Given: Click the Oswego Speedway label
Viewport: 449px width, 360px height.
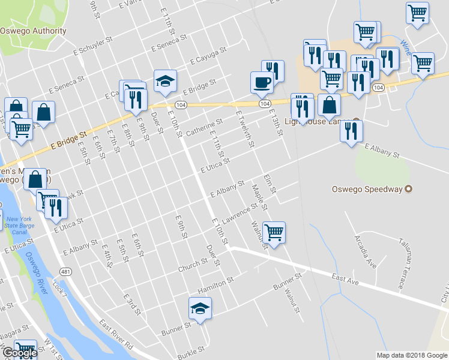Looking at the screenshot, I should tap(367, 189).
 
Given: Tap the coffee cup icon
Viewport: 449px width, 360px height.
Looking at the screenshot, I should tap(261, 82).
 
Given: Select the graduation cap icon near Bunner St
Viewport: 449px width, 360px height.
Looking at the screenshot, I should tap(200, 308).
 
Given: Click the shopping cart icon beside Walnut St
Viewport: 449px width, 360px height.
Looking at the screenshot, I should tap(274, 232).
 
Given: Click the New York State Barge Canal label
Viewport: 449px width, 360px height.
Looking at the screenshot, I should tap(19, 226).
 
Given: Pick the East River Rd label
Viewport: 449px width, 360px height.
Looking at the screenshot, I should tap(116, 336).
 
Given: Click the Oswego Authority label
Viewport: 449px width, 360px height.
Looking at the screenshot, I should tap(33, 31).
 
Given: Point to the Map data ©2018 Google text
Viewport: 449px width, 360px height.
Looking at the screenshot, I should tap(411, 355).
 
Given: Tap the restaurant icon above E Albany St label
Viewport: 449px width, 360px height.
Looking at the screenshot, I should tap(351, 131).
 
